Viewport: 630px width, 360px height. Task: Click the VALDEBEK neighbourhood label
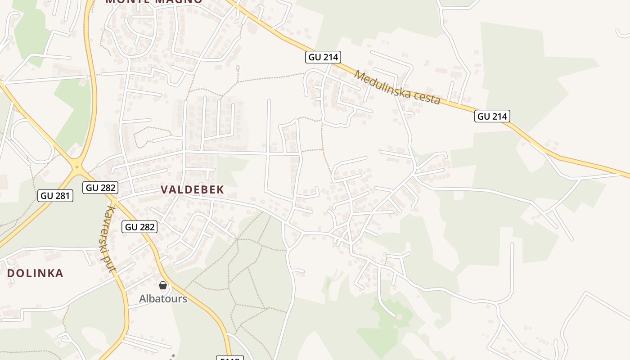(193, 189)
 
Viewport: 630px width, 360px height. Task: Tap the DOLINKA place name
(35, 273)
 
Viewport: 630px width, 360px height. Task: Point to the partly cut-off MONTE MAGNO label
(154, 1)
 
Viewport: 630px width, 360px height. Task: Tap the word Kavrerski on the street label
(108, 229)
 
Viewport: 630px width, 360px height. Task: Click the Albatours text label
(163, 298)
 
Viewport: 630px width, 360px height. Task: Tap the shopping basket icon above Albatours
(163, 285)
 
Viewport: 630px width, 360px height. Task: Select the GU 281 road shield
(56, 195)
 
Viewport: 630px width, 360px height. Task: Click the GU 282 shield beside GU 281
(100, 187)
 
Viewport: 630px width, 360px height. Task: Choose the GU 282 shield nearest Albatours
(139, 227)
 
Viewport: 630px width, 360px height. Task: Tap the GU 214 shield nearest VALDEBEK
(323, 57)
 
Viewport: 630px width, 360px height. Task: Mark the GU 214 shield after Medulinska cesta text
(492, 116)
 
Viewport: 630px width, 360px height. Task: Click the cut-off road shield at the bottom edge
(230, 358)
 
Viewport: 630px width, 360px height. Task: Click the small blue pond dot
(369, 279)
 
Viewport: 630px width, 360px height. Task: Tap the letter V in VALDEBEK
(164, 189)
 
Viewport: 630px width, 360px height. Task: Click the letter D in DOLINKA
(11, 273)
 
